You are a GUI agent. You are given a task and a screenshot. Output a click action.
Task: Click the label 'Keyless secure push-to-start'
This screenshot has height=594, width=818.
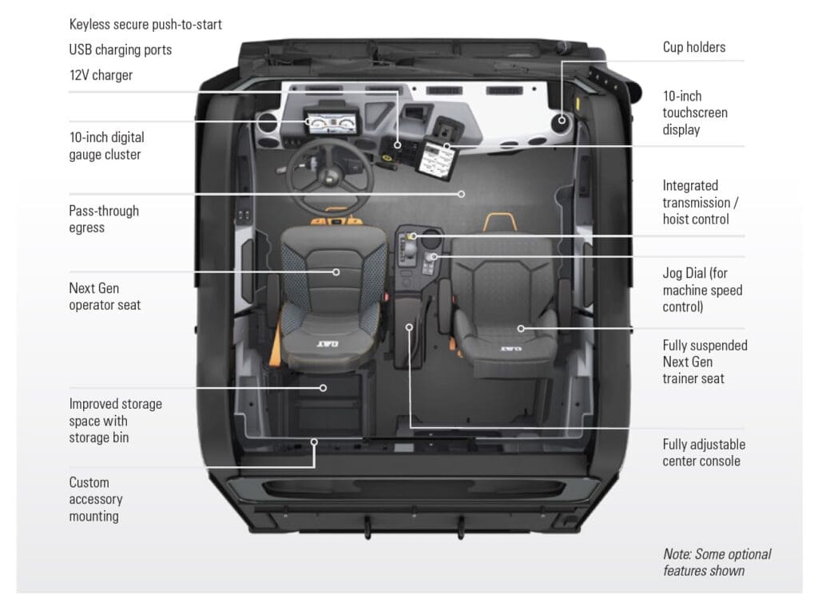(x=145, y=25)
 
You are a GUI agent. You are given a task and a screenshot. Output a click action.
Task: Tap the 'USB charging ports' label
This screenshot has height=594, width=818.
(x=120, y=49)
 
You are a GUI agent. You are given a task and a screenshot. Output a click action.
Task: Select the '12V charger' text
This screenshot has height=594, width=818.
(x=101, y=75)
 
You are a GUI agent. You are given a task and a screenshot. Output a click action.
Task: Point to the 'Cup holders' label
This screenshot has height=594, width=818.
(x=693, y=47)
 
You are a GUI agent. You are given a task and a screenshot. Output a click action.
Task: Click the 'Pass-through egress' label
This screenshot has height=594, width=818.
(x=104, y=219)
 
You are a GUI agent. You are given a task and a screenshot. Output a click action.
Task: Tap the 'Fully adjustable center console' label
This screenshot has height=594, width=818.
(x=703, y=453)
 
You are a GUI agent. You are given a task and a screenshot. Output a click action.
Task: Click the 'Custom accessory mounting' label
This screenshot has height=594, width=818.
(x=96, y=499)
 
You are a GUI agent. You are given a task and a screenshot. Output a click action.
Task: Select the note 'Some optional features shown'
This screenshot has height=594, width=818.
(x=717, y=562)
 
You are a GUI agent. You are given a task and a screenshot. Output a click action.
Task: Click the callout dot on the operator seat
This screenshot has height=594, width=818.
(x=336, y=272)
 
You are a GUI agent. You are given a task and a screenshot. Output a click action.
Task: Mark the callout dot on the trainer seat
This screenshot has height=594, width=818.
(x=520, y=327)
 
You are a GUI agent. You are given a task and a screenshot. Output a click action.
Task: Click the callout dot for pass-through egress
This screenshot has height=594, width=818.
(x=462, y=193)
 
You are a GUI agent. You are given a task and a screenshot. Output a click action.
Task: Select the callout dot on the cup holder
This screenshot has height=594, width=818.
(x=562, y=121)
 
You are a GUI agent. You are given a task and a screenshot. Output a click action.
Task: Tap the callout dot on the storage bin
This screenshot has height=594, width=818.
(x=324, y=388)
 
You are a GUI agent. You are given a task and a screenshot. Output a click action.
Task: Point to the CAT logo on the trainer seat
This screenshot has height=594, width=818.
(x=511, y=348)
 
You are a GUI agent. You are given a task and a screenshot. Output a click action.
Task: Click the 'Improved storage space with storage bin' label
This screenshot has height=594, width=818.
(x=115, y=421)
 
